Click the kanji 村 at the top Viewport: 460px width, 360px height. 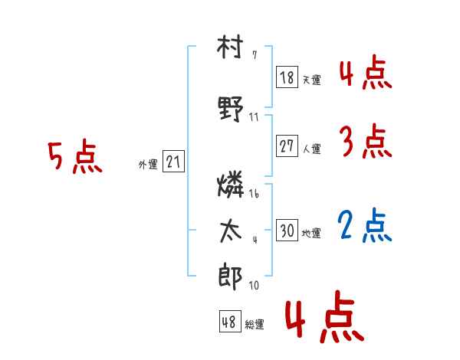pos(230,47)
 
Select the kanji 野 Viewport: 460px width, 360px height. pos(231,109)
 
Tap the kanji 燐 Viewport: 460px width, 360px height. pos(231,184)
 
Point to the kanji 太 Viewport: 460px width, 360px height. pos(231,232)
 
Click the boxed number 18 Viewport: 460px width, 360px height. pos(287,77)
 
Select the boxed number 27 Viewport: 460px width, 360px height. pos(287,146)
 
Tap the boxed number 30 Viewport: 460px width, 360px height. pos(287,230)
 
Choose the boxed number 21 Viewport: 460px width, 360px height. pos(173,161)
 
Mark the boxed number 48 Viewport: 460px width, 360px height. pos(230,321)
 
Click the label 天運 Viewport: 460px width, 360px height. pos(312,80)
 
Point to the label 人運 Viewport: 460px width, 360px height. pos(312,149)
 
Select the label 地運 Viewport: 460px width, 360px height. pos(311,234)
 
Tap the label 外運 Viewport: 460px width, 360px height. pos(148,165)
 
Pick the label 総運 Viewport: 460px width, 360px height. pos(255,325)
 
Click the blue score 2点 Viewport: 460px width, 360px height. pos(364,225)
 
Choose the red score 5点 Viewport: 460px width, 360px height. pos(75,156)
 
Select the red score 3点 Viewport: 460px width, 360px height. pos(366,141)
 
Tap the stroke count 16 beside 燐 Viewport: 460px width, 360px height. pos(254,194)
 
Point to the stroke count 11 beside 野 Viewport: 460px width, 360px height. pos(254,117)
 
